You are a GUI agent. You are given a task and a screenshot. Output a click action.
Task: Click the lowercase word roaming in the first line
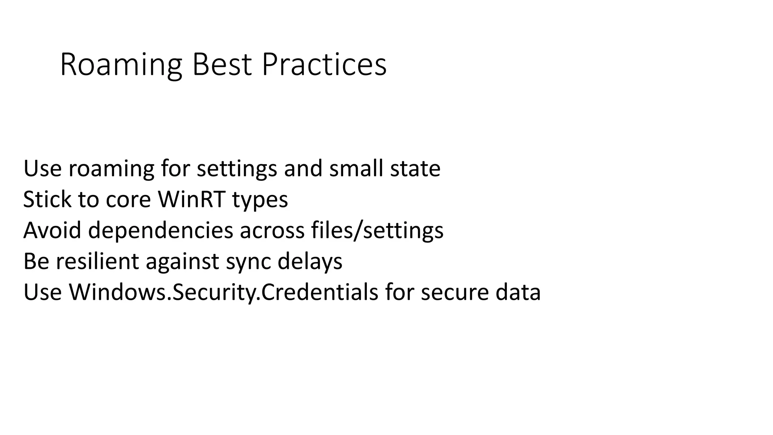(111, 168)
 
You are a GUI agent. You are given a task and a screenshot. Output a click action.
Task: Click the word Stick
(47, 199)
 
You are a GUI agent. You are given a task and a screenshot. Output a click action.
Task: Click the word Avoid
(52, 230)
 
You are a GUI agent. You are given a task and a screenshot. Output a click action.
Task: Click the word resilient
(97, 261)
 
